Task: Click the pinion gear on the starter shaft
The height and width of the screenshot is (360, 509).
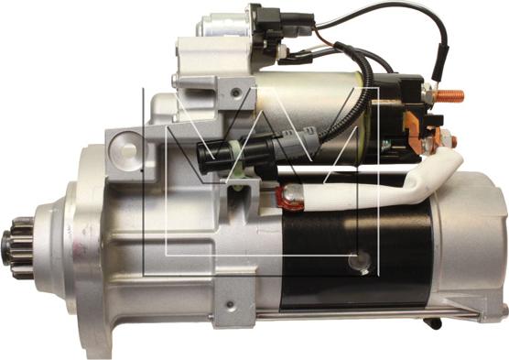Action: [x=19, y=248]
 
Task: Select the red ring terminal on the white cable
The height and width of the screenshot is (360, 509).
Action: [x=288, y=196]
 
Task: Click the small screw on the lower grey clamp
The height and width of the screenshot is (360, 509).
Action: [x=230, y=305]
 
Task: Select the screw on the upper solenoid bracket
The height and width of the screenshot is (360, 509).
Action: [x=236, y=93]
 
